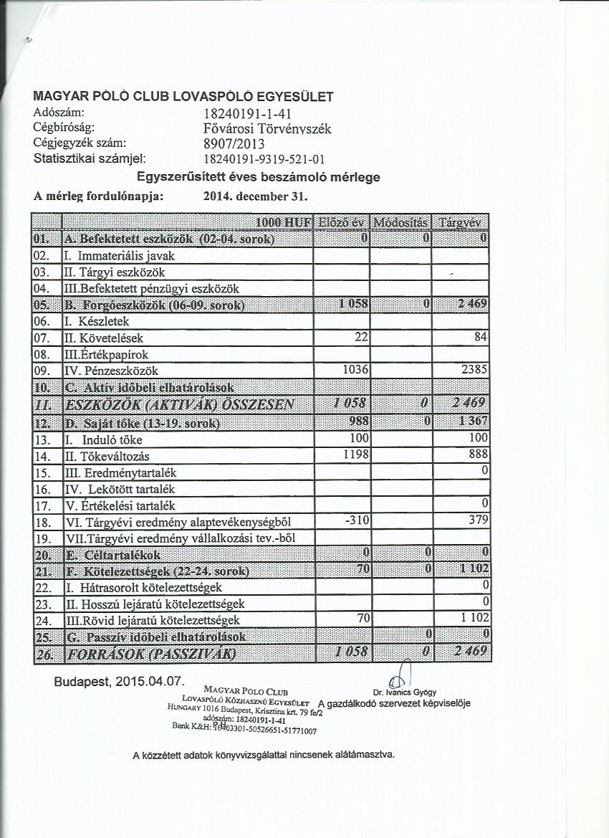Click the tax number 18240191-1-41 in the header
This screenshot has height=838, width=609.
pos(246,113)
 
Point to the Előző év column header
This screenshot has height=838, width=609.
pos(342,222)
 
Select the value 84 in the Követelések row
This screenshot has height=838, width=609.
pos(481,338)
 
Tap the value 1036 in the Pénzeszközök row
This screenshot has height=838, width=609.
pos(356,371)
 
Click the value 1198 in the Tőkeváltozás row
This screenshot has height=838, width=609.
pos(356,454)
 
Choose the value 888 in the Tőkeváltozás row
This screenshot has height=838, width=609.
pos(479,454)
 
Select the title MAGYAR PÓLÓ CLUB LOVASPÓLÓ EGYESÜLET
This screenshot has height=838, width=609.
pos(183,96)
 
